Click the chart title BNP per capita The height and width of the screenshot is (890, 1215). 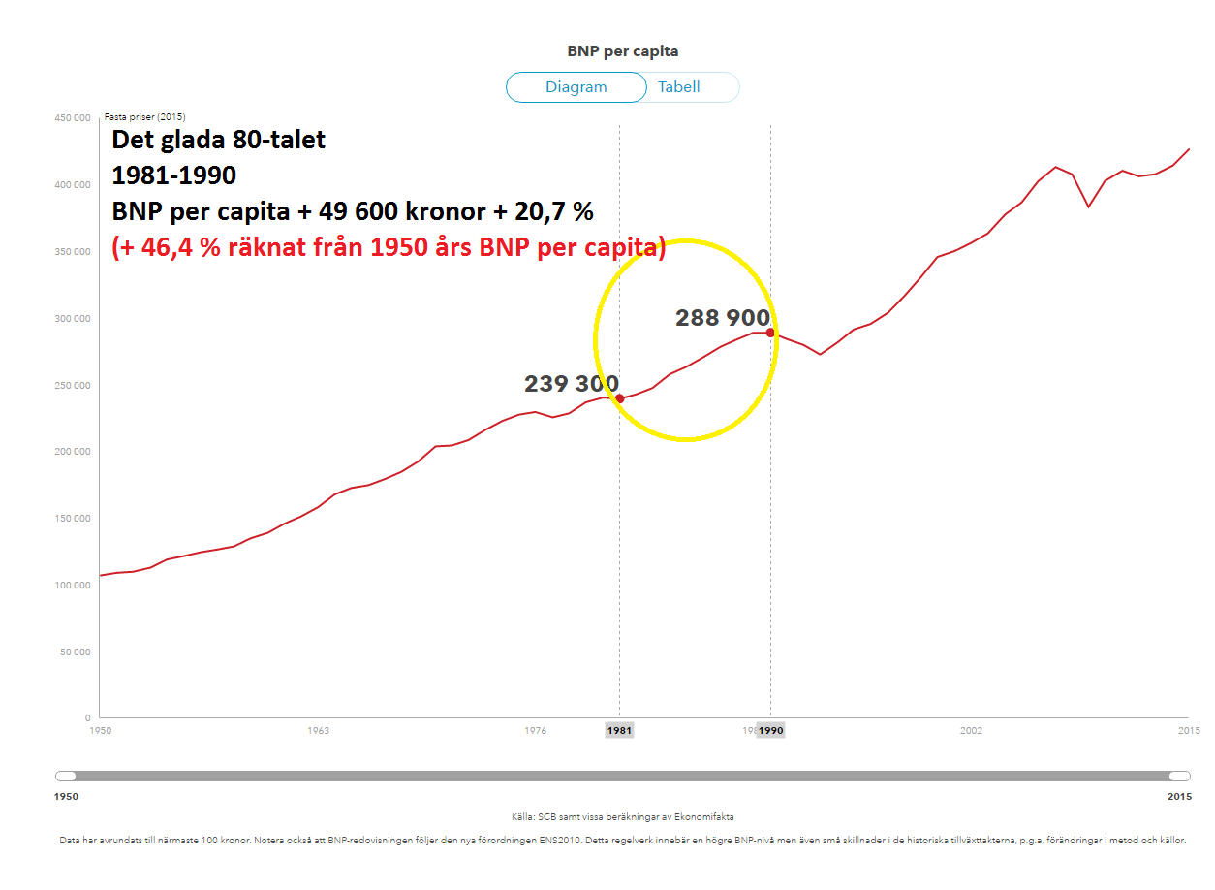click(622, 51)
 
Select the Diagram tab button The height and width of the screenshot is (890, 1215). click(576, 87)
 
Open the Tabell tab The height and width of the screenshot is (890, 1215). click(679, 87)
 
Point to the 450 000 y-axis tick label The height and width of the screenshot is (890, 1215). click(72, 118)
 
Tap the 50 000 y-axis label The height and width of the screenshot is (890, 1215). click(75, 652)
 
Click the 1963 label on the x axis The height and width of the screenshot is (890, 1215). click(318, 731)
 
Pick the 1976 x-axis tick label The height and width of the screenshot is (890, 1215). click(535, 731)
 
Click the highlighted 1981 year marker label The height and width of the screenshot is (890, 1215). click(619, 731)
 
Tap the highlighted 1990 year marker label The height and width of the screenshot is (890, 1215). click(771, 731)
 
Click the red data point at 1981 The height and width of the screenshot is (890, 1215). click(620, 398)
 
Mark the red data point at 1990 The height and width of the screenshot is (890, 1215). click(770, 333)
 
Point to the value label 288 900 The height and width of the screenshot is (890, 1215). click(723, 318)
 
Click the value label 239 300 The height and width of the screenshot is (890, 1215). click(572, 384)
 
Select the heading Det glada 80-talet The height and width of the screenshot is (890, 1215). click(219, 140)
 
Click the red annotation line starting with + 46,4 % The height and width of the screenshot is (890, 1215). click(389, 248)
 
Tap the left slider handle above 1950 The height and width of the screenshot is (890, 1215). click(66, 776)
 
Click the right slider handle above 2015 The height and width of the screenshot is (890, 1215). click(1179, 776)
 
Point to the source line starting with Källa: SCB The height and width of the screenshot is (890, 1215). click(623, 817)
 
